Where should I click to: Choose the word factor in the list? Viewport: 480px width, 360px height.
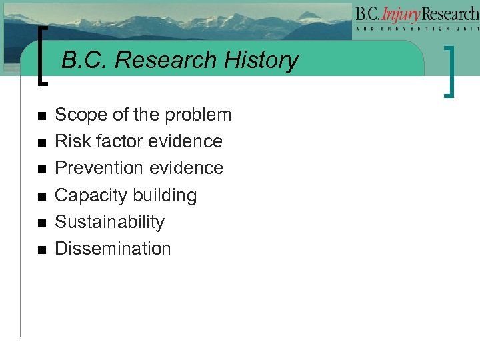pyautogui.click(x=119, y=141)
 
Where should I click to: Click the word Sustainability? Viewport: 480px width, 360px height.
pyautogui.click(x=109, y=222)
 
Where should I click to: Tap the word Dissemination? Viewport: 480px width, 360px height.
pyautogui.click(x=113, y=249)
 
